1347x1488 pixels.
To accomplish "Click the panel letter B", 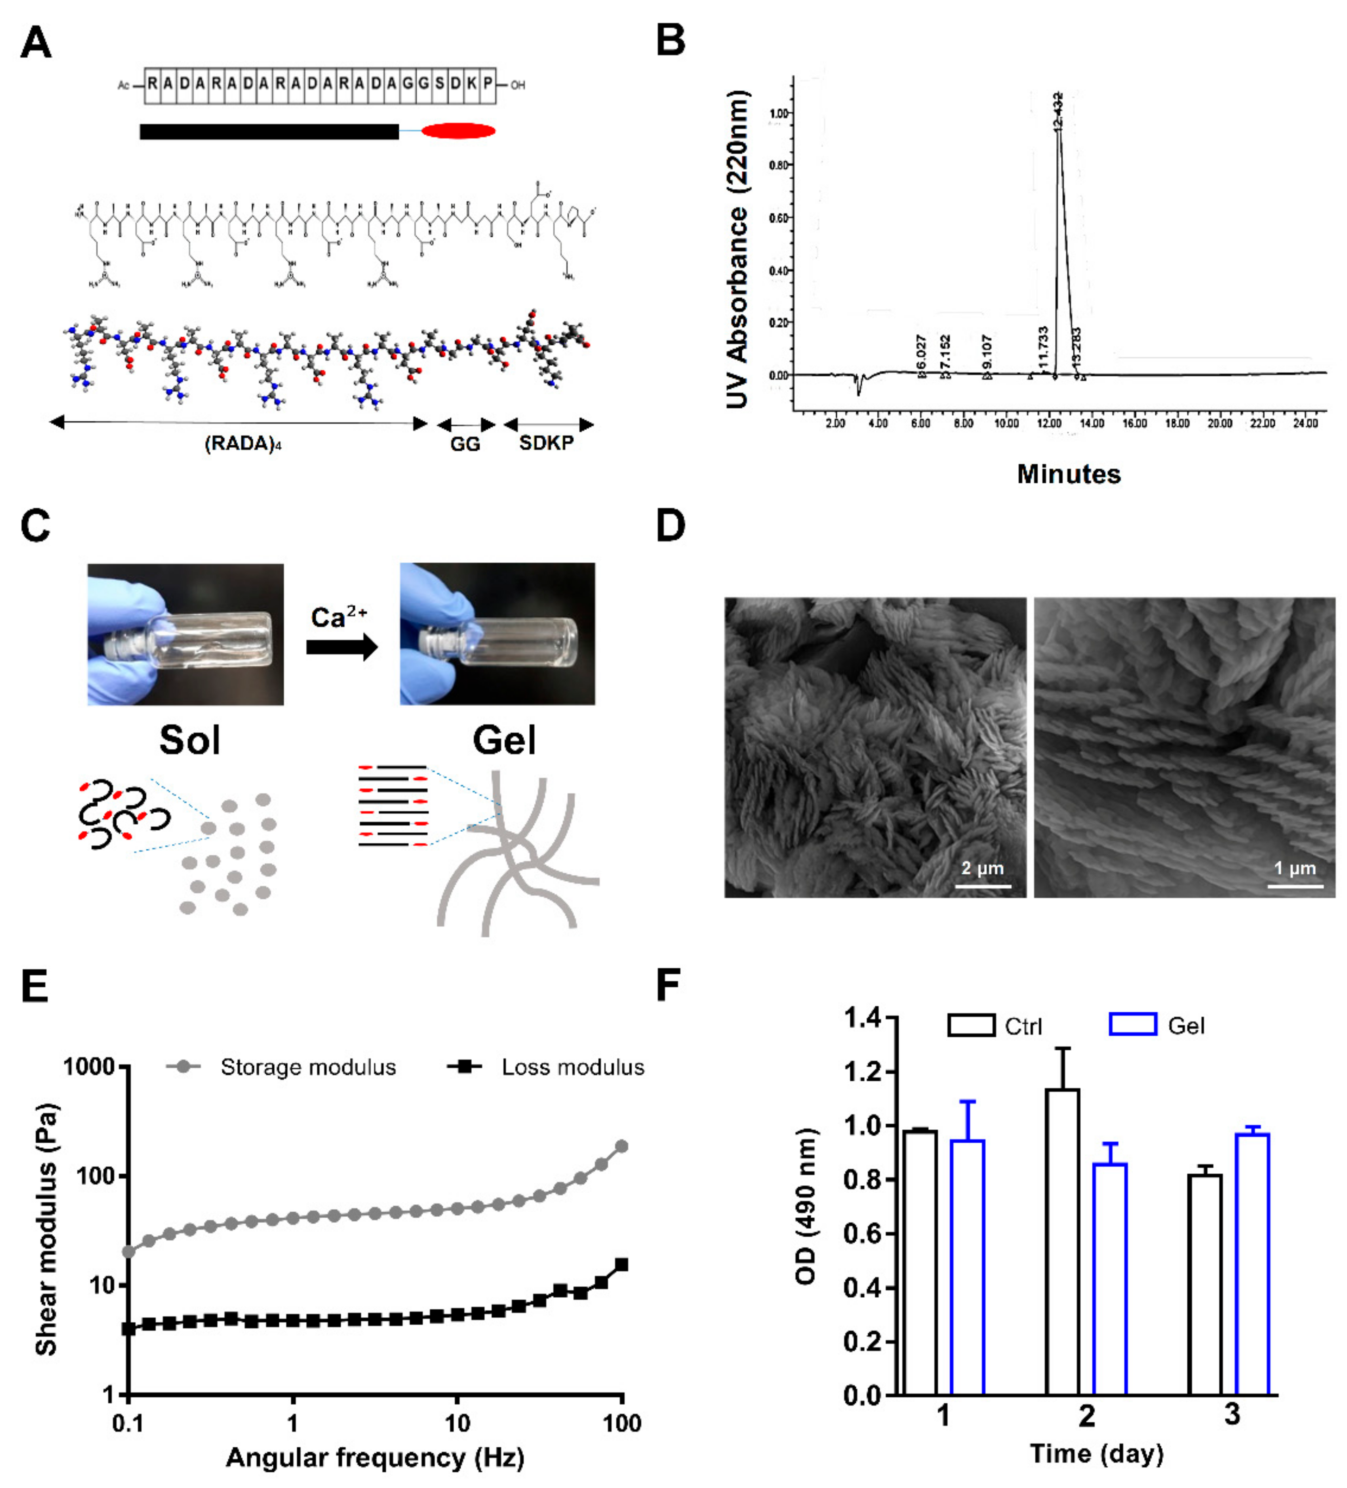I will (x=670, y=41).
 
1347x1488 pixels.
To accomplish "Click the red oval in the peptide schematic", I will (x=458, y=131).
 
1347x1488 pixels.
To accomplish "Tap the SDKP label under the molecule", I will (x=546, y=443).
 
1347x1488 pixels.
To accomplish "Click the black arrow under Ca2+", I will (x=342, y=647).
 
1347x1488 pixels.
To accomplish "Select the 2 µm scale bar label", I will (x=982, y=868).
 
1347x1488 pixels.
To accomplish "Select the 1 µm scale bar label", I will (x=1295, y=868).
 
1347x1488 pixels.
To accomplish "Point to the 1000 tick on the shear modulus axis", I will (x=88, y=1066).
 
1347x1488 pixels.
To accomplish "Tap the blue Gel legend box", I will (x=1133, y=1025).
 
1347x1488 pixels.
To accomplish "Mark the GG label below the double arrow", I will (x=465, y=444).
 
